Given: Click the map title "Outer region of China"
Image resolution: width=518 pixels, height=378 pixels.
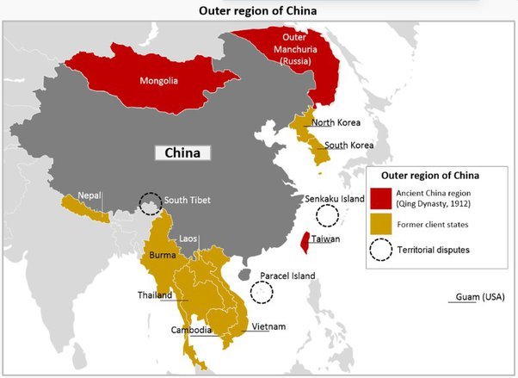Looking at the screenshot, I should [x=258, y=10].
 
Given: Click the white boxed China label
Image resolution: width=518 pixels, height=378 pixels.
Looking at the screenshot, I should [x=182, y=153].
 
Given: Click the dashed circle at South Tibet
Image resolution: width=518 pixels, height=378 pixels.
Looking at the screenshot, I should [x=151, y=203].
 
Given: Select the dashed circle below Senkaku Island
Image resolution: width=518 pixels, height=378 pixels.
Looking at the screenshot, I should [x=327, y=216].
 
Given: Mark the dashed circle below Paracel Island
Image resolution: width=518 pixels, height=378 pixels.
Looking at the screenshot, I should [x=260, y=291].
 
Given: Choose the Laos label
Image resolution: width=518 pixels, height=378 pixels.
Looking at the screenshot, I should [x=188, y=238].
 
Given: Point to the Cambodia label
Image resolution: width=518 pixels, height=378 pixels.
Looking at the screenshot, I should [x=193, y=330].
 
